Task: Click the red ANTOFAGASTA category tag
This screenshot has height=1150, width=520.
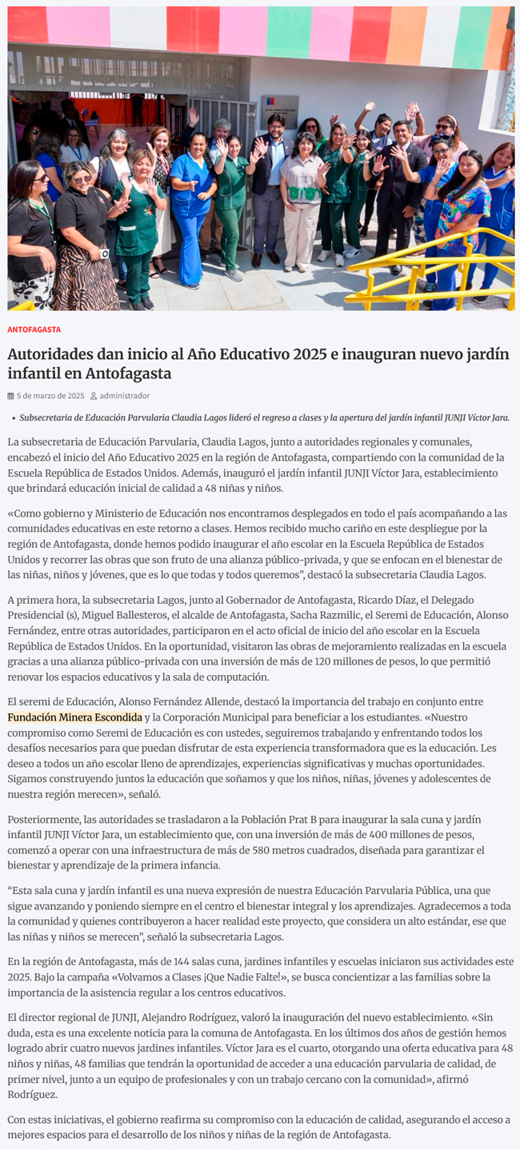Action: click(x=34, y=329)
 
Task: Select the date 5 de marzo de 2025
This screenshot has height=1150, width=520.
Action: click(x=50, y=396)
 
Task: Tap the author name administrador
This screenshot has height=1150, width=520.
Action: click(x=124, y=396)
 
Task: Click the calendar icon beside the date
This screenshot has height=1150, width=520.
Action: click(x=11, y=396)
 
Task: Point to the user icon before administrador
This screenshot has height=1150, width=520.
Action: click(x=94, y=396)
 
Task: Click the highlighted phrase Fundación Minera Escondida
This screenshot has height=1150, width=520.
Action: click(x=74, y=717)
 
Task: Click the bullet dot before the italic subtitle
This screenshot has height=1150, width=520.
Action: click(x=13, y=418)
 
